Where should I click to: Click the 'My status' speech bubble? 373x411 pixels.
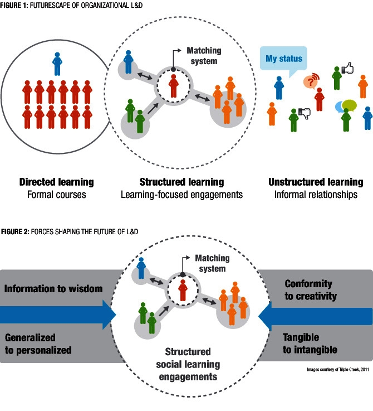coord(284,59)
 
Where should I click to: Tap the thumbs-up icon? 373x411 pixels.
coord(347,68)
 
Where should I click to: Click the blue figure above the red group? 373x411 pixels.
coord(57,63)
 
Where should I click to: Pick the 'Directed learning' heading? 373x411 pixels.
coord(56,182)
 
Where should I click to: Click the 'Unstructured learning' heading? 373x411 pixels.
coord(316,182)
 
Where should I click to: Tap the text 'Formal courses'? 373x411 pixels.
coord(56,195)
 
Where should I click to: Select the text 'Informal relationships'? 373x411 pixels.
coord(316,195)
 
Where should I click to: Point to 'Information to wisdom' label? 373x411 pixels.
coord(53,288)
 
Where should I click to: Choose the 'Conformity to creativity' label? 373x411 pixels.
coord(311,289)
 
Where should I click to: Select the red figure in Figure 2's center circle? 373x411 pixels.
coord(183,290)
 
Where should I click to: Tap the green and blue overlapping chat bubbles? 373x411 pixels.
coord(346,104)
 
